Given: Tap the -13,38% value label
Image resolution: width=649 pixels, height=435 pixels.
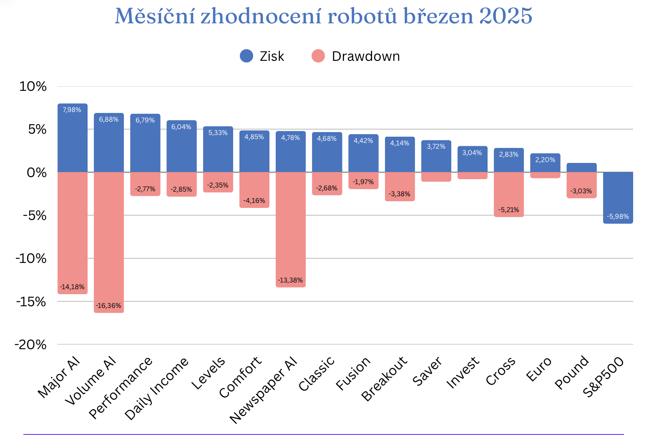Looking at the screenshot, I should point(290,280).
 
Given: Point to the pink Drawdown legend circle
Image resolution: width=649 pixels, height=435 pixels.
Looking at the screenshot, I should point(318,56).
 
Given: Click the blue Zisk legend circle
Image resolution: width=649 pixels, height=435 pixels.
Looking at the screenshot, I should point(247,56).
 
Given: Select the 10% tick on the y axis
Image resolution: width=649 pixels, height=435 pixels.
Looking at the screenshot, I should point(33,87).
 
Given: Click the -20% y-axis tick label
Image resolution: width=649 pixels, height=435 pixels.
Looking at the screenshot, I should point(30,345).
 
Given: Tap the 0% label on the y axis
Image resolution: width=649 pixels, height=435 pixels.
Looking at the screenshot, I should point(37,172).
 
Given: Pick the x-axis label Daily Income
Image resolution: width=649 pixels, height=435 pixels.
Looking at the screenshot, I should point(157,388).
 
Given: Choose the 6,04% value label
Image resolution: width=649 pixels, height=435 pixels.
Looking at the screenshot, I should point(181,127).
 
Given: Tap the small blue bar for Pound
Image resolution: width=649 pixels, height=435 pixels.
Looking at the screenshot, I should point(581,167).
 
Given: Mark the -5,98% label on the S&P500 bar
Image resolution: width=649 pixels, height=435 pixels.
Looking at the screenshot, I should point(618,216).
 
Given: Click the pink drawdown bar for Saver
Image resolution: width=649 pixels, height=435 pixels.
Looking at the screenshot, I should point(436,177).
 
